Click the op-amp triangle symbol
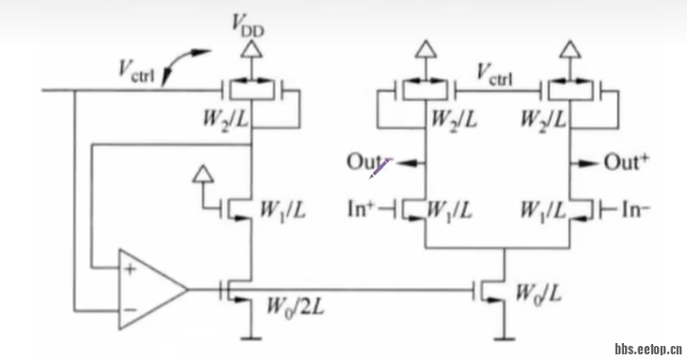(x=150, y=291)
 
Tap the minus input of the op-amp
(x=127, y=308)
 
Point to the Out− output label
(x=365, y=162)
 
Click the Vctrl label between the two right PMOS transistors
(x=495, y=72)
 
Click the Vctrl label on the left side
(x=138, y=68)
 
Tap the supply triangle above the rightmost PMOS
(x=570, y=49)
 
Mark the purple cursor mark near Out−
(x=379, y=169)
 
